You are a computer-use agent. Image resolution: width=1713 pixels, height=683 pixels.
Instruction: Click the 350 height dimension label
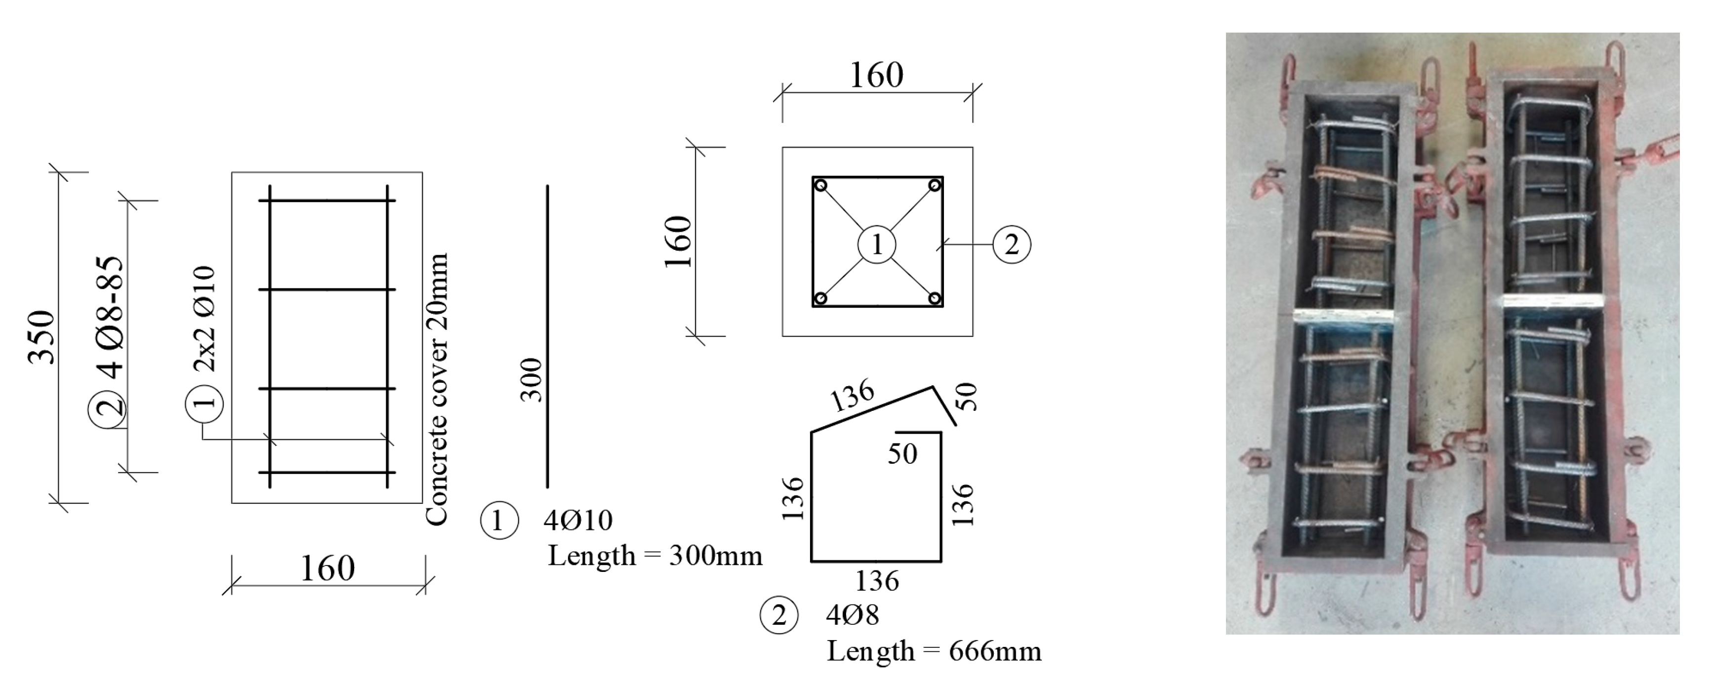tap(41, 337)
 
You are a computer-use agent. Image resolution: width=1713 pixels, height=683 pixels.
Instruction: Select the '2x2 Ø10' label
tap(204, 319)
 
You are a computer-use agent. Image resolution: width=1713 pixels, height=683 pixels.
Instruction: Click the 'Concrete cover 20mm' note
tap(436, 389)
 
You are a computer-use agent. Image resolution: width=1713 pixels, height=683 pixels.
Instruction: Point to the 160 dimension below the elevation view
tap(327, 568)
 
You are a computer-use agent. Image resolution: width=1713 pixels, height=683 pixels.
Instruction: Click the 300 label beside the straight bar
tap(531, 380)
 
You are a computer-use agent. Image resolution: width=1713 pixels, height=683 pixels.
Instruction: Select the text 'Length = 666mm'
tap(934, 651)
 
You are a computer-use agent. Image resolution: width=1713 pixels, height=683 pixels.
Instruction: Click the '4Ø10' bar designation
tap(578, 520)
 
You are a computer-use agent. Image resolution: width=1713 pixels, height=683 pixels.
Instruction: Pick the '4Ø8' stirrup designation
tap(852, 615)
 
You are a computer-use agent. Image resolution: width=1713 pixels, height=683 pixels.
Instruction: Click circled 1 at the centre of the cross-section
tap(876, 245)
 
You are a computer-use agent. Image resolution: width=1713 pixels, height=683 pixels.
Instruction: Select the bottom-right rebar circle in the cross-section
tap(935, 298)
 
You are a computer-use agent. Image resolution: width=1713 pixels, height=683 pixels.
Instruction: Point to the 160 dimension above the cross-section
tap(876, 75)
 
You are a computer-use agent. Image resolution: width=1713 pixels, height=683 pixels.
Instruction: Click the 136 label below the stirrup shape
tap(876, 581)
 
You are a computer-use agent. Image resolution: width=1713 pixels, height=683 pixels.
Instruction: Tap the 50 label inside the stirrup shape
tap(902, 454)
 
